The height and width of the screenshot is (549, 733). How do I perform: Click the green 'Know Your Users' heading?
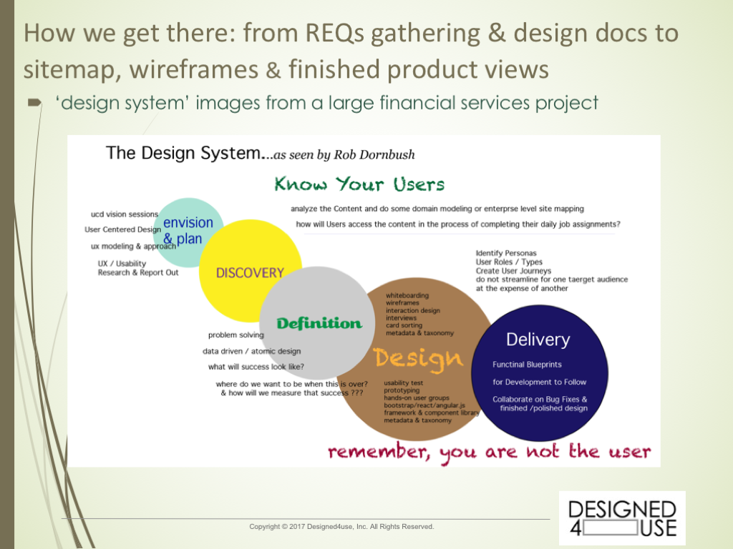pyautogui.click(x=359, y=184)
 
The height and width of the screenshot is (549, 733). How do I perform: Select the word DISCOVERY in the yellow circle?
pyautogui.click(x=250, y=273)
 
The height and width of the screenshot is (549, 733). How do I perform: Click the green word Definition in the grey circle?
pyautogui.click(x=319, y=324)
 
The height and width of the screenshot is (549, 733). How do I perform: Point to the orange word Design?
pyautogui.click(x=418, y=357)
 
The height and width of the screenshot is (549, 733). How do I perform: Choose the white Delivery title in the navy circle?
pyautogui.click(x=538, y=340)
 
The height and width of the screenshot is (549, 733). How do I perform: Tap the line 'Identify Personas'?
pyautogui.click(x=505, y=253)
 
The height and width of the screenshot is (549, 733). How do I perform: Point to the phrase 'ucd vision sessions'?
pyautogui.click(x=125, y=214)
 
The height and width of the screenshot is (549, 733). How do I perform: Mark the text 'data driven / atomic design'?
pyautogui.click(x=251, y=351)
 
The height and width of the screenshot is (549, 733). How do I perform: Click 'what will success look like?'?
pyautogui.click(x=256, y=367)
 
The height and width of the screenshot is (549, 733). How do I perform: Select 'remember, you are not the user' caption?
pyautogui.click(x=490, y=452)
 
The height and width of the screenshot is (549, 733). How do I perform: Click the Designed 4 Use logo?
pyautogui.click(x=621, y=518)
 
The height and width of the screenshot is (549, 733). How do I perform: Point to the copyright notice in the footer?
pyautogui.click(x=341, y=527)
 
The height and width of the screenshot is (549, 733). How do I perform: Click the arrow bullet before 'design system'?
pyautogui.click(x=35, y=104)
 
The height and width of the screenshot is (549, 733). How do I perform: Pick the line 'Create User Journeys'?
pyautogui.click(x=513, y=271)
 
